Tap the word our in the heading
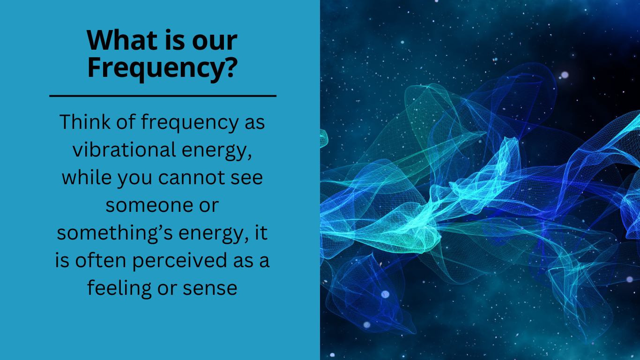[x=216, y=41]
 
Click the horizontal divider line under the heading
[x=163, y=96]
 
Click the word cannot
[x=191, y=178]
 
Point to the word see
[x=246, y=178]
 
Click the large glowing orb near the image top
[x=565, y=75]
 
